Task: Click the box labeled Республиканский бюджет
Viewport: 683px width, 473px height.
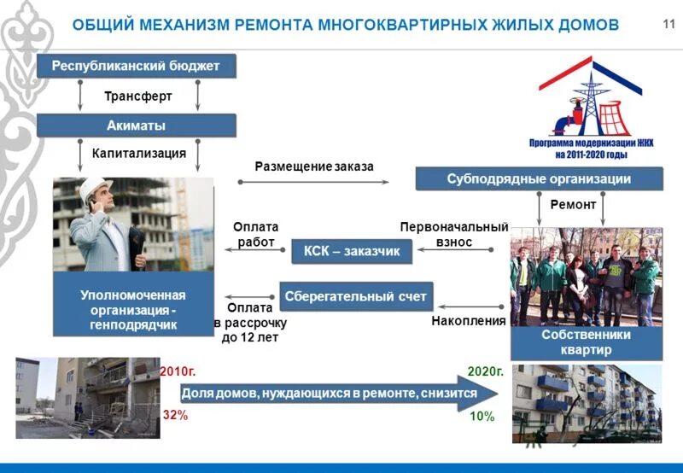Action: coord(136,66)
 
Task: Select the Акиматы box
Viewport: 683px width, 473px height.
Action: coord(136,126)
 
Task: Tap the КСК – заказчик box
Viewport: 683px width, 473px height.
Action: coord(352,251)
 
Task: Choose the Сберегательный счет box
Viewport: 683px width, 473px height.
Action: coord(357,296)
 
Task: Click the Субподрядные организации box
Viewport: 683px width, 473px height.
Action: coord(539,179)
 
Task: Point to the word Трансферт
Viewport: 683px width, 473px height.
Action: coord(138,96)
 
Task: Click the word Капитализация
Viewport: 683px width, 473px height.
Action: coord(138,154)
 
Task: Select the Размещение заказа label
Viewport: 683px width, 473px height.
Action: coord(314,166)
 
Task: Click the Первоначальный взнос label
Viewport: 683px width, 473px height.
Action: coord(454,235)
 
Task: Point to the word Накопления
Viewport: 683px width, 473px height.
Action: coord(470,321)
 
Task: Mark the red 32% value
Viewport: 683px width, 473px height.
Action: coord(174,416)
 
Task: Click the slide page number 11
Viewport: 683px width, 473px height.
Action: coord(668,23)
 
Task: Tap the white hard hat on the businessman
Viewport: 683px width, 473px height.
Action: coord(91,186)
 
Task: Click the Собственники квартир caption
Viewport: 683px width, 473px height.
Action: coord(586,342)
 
